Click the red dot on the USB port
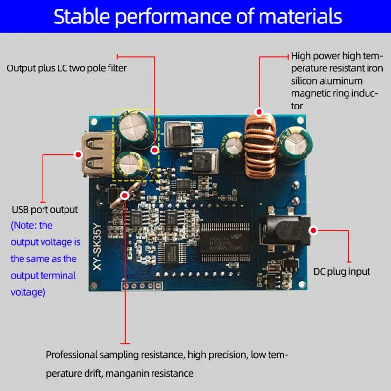[x=77, y=155]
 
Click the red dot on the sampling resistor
[x=125, y=195]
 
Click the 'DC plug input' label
[x=342, y=271]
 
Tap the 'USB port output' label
[x=44, y=209]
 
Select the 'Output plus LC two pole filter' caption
[x=66, y=68]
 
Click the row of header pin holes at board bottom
[x=142, y=285]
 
